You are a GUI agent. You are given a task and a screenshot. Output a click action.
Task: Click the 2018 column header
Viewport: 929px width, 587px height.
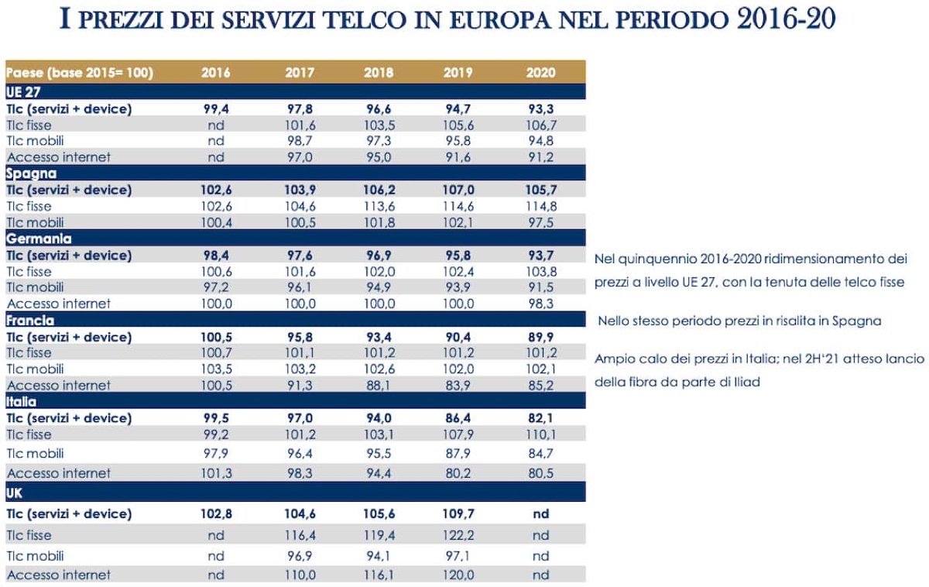[379, 73]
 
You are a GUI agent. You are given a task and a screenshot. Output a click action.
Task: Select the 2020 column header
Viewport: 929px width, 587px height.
[541, 73]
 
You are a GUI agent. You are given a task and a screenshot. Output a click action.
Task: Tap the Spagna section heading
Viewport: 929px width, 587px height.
[31, 173]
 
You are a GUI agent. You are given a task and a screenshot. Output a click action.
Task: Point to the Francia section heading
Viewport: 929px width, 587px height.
[31, 321]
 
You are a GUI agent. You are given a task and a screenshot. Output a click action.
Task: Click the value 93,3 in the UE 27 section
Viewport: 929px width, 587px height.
[541, 109]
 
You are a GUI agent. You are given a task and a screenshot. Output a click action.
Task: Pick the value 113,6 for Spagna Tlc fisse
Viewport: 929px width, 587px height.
[379, 206]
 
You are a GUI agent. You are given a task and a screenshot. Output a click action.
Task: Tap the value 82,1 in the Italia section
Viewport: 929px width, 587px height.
[541, 418]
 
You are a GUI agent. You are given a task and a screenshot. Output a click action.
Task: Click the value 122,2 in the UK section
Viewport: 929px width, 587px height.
[458, 535]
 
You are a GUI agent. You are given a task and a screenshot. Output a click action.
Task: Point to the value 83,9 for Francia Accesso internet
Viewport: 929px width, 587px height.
[458, 385]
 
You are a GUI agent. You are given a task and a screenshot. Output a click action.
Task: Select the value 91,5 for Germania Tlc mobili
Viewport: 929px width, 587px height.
[541, 287]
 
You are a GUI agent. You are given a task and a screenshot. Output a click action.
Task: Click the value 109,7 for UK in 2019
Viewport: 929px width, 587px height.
[458, 513]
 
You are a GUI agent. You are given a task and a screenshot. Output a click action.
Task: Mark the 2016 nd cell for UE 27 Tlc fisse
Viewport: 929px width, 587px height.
[216, 125]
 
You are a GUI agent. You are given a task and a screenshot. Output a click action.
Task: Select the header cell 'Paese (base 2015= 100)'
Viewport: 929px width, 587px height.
[80, 73]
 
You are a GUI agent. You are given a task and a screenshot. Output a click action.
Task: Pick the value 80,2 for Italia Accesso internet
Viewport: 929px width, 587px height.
[458, 473]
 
